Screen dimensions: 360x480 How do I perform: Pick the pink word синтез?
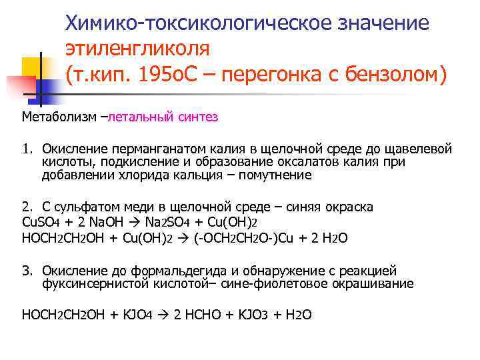[196, 117]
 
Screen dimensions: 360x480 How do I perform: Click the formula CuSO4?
[43, 221]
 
